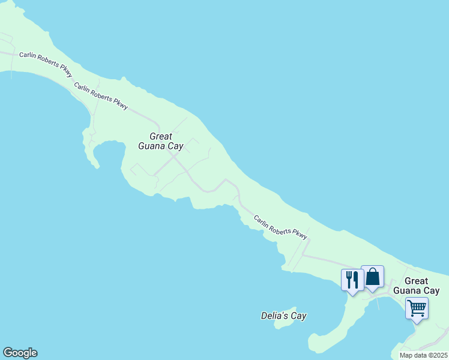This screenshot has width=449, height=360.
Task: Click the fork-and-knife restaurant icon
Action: pyautogui.click(x=352, y=280)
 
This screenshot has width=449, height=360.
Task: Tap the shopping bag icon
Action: pyautogui.click(x=372, y=277)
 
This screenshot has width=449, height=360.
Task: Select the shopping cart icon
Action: pyautogui.click(x=417, y=308)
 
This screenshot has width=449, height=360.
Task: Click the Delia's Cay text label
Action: pyautogui.click(x=284, y=315)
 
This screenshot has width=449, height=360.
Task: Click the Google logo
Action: pyautogui.click(x=20, y=353)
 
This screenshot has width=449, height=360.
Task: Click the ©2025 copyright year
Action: pyautogui.click(x=438, y=355)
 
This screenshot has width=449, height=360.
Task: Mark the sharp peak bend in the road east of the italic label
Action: pyautogui.click(x=225, y=179)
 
